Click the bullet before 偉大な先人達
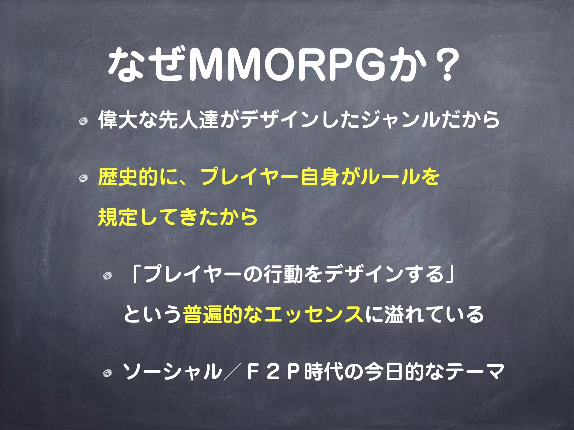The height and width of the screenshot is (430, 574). (83, 121)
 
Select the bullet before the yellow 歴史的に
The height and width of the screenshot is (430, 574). (83, 178)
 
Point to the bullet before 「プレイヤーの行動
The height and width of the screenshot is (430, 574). (107, 276)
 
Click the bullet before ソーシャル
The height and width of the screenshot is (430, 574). (107, 373)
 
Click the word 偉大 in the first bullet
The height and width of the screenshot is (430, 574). (118, 120)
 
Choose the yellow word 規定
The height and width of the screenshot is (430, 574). (118, 217)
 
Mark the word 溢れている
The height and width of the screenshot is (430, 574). (434, 314)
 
